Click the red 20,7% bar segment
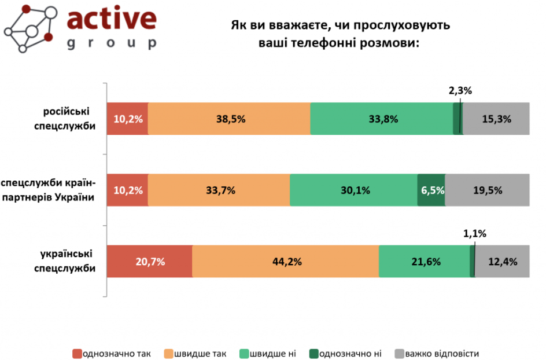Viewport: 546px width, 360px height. tap(149, 261)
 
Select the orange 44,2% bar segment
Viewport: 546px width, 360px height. tap(286, 261)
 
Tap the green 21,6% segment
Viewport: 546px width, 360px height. tap(424, 261)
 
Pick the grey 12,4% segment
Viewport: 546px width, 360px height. tap(502, 261)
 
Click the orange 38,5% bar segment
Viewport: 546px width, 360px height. tap(229, 119)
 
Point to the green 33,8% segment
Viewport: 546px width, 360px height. tap(381, 119)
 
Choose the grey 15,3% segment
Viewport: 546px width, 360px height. tap(496, 119)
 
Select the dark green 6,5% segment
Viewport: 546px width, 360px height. tap(431, 190)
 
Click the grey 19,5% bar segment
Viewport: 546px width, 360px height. tap(487, 190)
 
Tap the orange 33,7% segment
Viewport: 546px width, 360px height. tap(219, 190)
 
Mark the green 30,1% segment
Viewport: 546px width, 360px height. tap(353, 190)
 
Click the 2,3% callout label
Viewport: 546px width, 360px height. tap(460, 90)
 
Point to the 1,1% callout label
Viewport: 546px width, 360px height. tap(475, 234)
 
